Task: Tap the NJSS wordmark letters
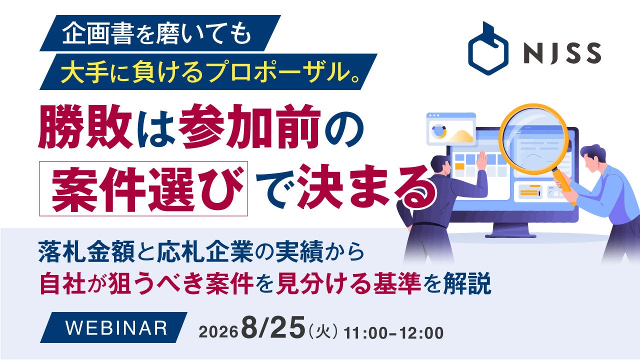click(x=562, y=53)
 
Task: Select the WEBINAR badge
click(x=113, y=327)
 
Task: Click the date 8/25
click(x=273, y=327)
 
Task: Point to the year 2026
click(x=218, y=332)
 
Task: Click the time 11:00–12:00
click(x=393, y=333)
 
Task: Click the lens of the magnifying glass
click(x=533, y=139)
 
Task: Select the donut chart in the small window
click(x=438, y=131)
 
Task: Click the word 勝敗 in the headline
click(x=85, y=126)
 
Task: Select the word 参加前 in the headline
click(x=249, y=126)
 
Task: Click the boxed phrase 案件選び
click(x=143, y=188)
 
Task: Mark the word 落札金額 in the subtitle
click(x=86, y=251)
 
